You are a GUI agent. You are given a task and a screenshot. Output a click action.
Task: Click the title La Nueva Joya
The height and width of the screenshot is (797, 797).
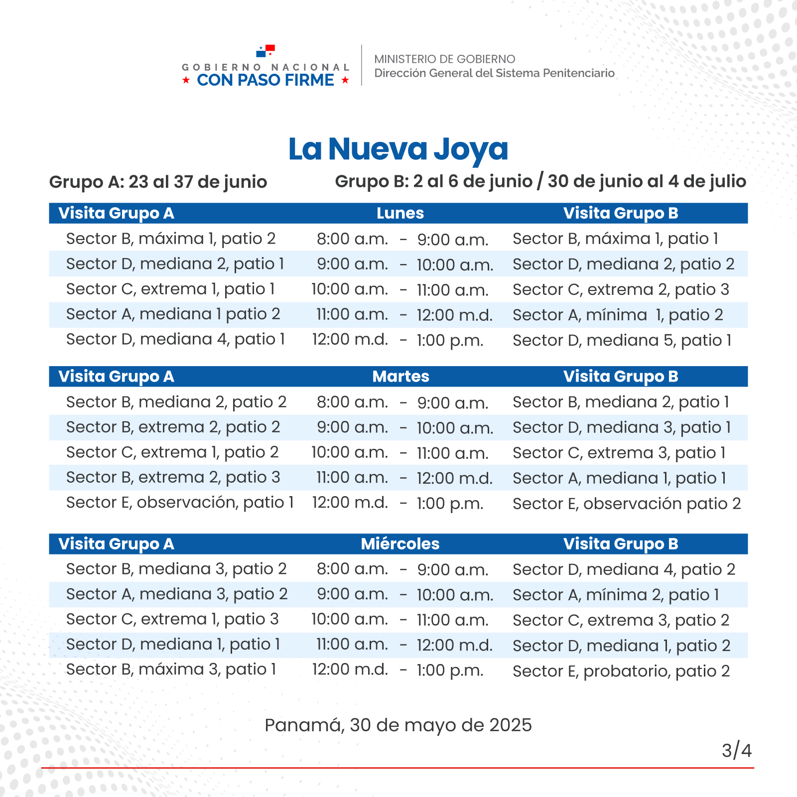[398, 148]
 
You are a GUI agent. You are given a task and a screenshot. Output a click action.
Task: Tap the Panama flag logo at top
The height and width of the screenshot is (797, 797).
[266, 51]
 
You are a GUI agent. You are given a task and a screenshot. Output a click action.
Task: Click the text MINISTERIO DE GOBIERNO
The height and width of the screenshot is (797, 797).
[444, 59]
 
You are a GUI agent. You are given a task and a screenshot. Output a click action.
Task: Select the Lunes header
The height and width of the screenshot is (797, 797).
[400, 213]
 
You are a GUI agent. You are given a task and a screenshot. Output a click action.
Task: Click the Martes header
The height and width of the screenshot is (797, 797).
[400, 377]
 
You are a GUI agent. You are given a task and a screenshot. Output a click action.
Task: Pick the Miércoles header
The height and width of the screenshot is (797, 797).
[400, 544]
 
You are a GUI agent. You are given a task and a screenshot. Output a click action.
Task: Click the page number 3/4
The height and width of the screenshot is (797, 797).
[736, 750]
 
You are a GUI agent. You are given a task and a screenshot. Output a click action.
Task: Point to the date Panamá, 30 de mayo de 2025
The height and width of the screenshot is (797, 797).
[398, 725]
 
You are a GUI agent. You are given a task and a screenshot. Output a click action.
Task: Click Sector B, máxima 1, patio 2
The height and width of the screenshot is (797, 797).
[171, 239]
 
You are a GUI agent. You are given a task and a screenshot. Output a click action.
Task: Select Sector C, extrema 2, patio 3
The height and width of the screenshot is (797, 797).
[621, 289]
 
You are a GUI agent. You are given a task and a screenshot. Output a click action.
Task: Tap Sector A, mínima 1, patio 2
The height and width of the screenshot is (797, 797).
[618, 315]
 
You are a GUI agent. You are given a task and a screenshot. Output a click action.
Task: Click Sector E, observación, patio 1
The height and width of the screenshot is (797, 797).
[180, 503]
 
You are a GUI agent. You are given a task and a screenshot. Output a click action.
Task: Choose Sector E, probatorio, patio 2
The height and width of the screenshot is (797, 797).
[621, 671]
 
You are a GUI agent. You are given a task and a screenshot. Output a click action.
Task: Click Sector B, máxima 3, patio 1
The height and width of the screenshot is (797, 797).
[171, 669]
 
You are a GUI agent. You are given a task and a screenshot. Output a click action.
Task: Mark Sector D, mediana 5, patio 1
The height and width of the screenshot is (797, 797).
[622, 340]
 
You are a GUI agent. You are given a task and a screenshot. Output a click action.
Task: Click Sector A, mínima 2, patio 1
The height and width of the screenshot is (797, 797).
[616, 595]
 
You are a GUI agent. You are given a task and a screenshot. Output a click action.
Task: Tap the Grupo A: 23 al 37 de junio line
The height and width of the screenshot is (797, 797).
[158, 182]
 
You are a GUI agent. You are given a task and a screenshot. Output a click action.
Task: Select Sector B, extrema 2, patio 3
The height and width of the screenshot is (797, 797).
[173, 477]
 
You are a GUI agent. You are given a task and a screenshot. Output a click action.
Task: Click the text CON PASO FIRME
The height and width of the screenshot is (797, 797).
[266, 80]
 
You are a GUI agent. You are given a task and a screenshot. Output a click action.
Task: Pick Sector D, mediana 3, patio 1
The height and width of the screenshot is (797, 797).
[622, 427]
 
